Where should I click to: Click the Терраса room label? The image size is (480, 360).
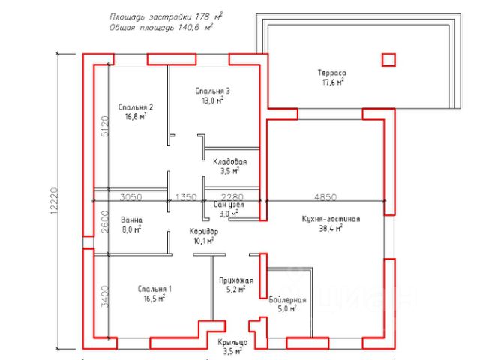pyautogui.click(x=331, y=73)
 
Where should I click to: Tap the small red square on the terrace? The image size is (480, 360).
pyautogui.click(x=388, y=59)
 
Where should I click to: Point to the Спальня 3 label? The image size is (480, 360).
pyautogui.click(x=211, y=91)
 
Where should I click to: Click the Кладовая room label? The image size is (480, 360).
pyautogui.click(x=229, y=161)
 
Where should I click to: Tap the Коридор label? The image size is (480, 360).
pyautogui.click(x=204, y=232)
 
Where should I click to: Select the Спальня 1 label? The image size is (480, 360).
pyautogui.click(x=155, y=289)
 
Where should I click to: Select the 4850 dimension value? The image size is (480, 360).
pyautogui.click(x=325, y=197)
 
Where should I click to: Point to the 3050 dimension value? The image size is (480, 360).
pyautogui.click(x=131, y=197)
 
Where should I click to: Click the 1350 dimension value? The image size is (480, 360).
pyautogui.click(x=185, y=197)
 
